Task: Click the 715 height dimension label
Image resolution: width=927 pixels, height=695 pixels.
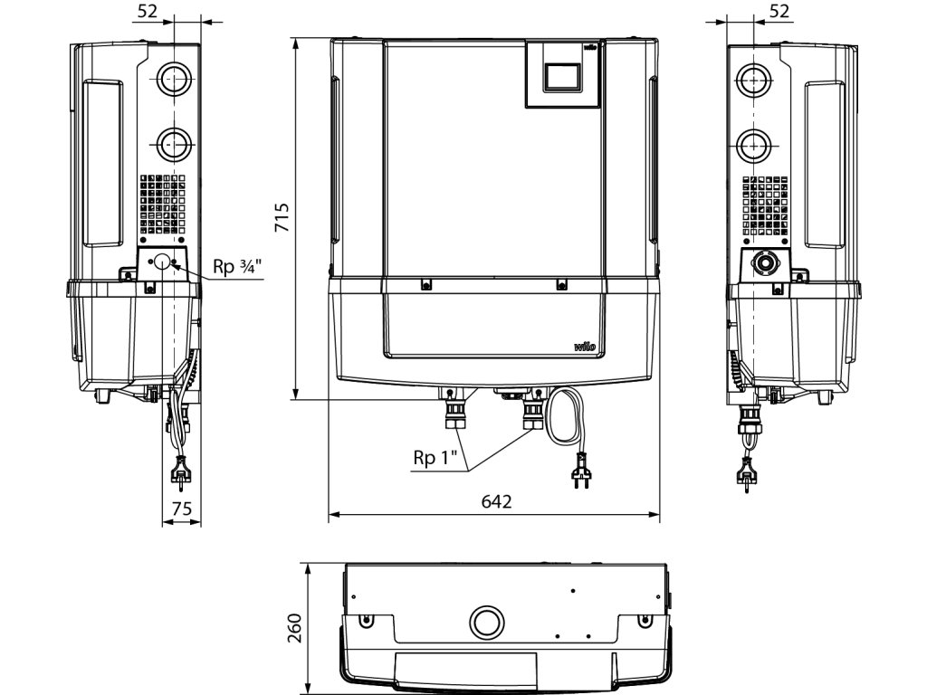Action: coord(282,217)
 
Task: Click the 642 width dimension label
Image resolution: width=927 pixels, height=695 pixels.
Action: coord(496,501)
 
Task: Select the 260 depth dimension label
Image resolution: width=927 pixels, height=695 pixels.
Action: coord(294,628)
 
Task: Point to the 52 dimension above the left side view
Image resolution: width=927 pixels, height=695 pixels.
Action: coord(148,11)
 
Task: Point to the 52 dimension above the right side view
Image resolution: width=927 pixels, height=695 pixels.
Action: coord(779,11)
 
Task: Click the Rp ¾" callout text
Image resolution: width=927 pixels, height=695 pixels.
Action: coord(235,267)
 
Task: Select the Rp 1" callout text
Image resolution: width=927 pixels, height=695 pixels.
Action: coord(435,457)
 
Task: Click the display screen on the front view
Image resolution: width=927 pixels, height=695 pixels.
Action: coord(562,76)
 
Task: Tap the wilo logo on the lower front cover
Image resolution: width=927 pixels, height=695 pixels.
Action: coord(584,347)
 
